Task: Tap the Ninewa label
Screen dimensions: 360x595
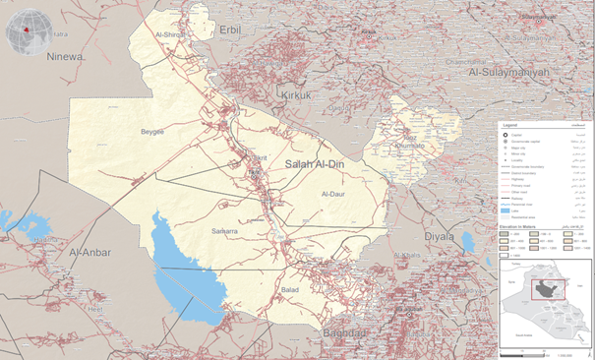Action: (x=62, y=57)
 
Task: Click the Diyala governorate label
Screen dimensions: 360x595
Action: (x=439, y=236)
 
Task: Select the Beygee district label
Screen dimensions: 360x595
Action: (x=152, y=131)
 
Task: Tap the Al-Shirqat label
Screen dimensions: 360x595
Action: (x=170, y=35)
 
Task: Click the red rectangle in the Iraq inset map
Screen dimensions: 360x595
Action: (x=549, y=290)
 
